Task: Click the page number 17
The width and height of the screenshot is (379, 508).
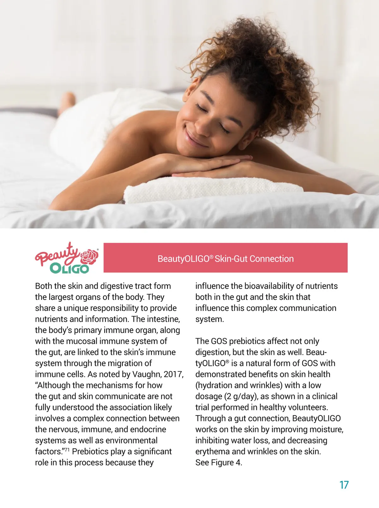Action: tap(344, 485)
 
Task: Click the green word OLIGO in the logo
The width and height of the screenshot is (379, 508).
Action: tap(69, 268)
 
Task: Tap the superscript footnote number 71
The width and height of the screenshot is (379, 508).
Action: tap(67, 449)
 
